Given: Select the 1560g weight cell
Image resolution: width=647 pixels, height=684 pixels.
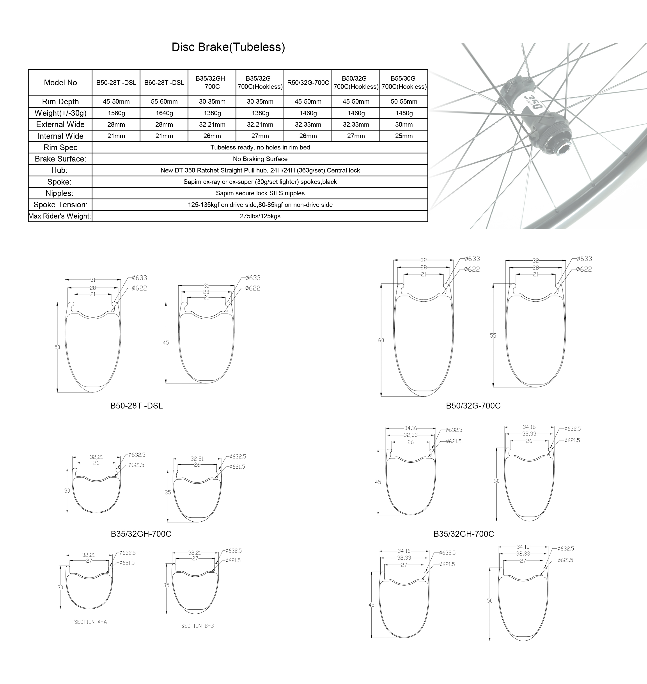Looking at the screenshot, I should [x=116, y=113].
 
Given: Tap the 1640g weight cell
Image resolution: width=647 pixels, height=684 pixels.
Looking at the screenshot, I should [x=164, y=113].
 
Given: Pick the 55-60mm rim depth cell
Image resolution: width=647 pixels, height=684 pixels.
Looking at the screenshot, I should [x=164, y=102].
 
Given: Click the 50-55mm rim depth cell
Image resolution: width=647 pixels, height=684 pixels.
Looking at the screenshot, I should [x=404, y=102].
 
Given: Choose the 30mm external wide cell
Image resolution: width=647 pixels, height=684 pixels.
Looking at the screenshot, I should [x=404, y=124].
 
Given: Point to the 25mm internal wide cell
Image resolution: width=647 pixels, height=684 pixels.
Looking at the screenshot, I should [x=404, y=136].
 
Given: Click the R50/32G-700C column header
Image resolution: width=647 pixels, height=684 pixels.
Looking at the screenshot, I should [x=308, y=83].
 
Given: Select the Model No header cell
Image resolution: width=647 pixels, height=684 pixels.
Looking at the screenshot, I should [x=60, y=83].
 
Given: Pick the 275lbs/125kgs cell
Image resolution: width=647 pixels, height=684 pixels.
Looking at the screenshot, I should [x=260, y=216].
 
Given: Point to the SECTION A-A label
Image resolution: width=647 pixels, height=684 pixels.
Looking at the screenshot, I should [x=90, y=622].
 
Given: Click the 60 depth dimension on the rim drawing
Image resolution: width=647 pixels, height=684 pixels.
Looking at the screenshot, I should [x=381, y=340].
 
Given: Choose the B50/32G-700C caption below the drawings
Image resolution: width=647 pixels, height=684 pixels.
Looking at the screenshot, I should [x=473, y=406].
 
